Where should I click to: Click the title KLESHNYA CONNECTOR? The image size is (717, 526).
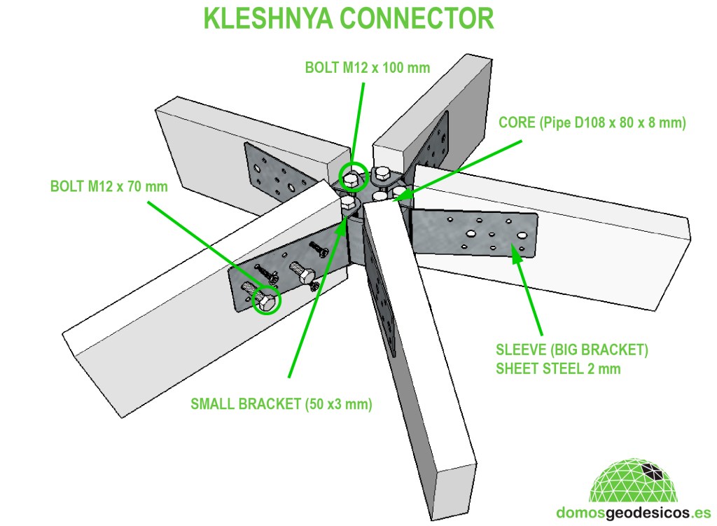[349, 19]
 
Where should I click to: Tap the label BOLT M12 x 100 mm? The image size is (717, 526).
[367, 68]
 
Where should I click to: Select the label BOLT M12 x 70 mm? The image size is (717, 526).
[109, 187]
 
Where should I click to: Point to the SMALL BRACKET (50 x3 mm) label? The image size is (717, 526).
[281, 403]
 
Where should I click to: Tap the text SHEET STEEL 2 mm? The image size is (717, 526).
[557, 368]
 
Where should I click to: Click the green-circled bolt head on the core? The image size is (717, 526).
[352, 178]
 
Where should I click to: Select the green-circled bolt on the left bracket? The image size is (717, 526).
[266, 302]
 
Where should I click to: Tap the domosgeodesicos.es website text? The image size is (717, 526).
[633, 513]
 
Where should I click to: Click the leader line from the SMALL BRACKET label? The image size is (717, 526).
[315, 301]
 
